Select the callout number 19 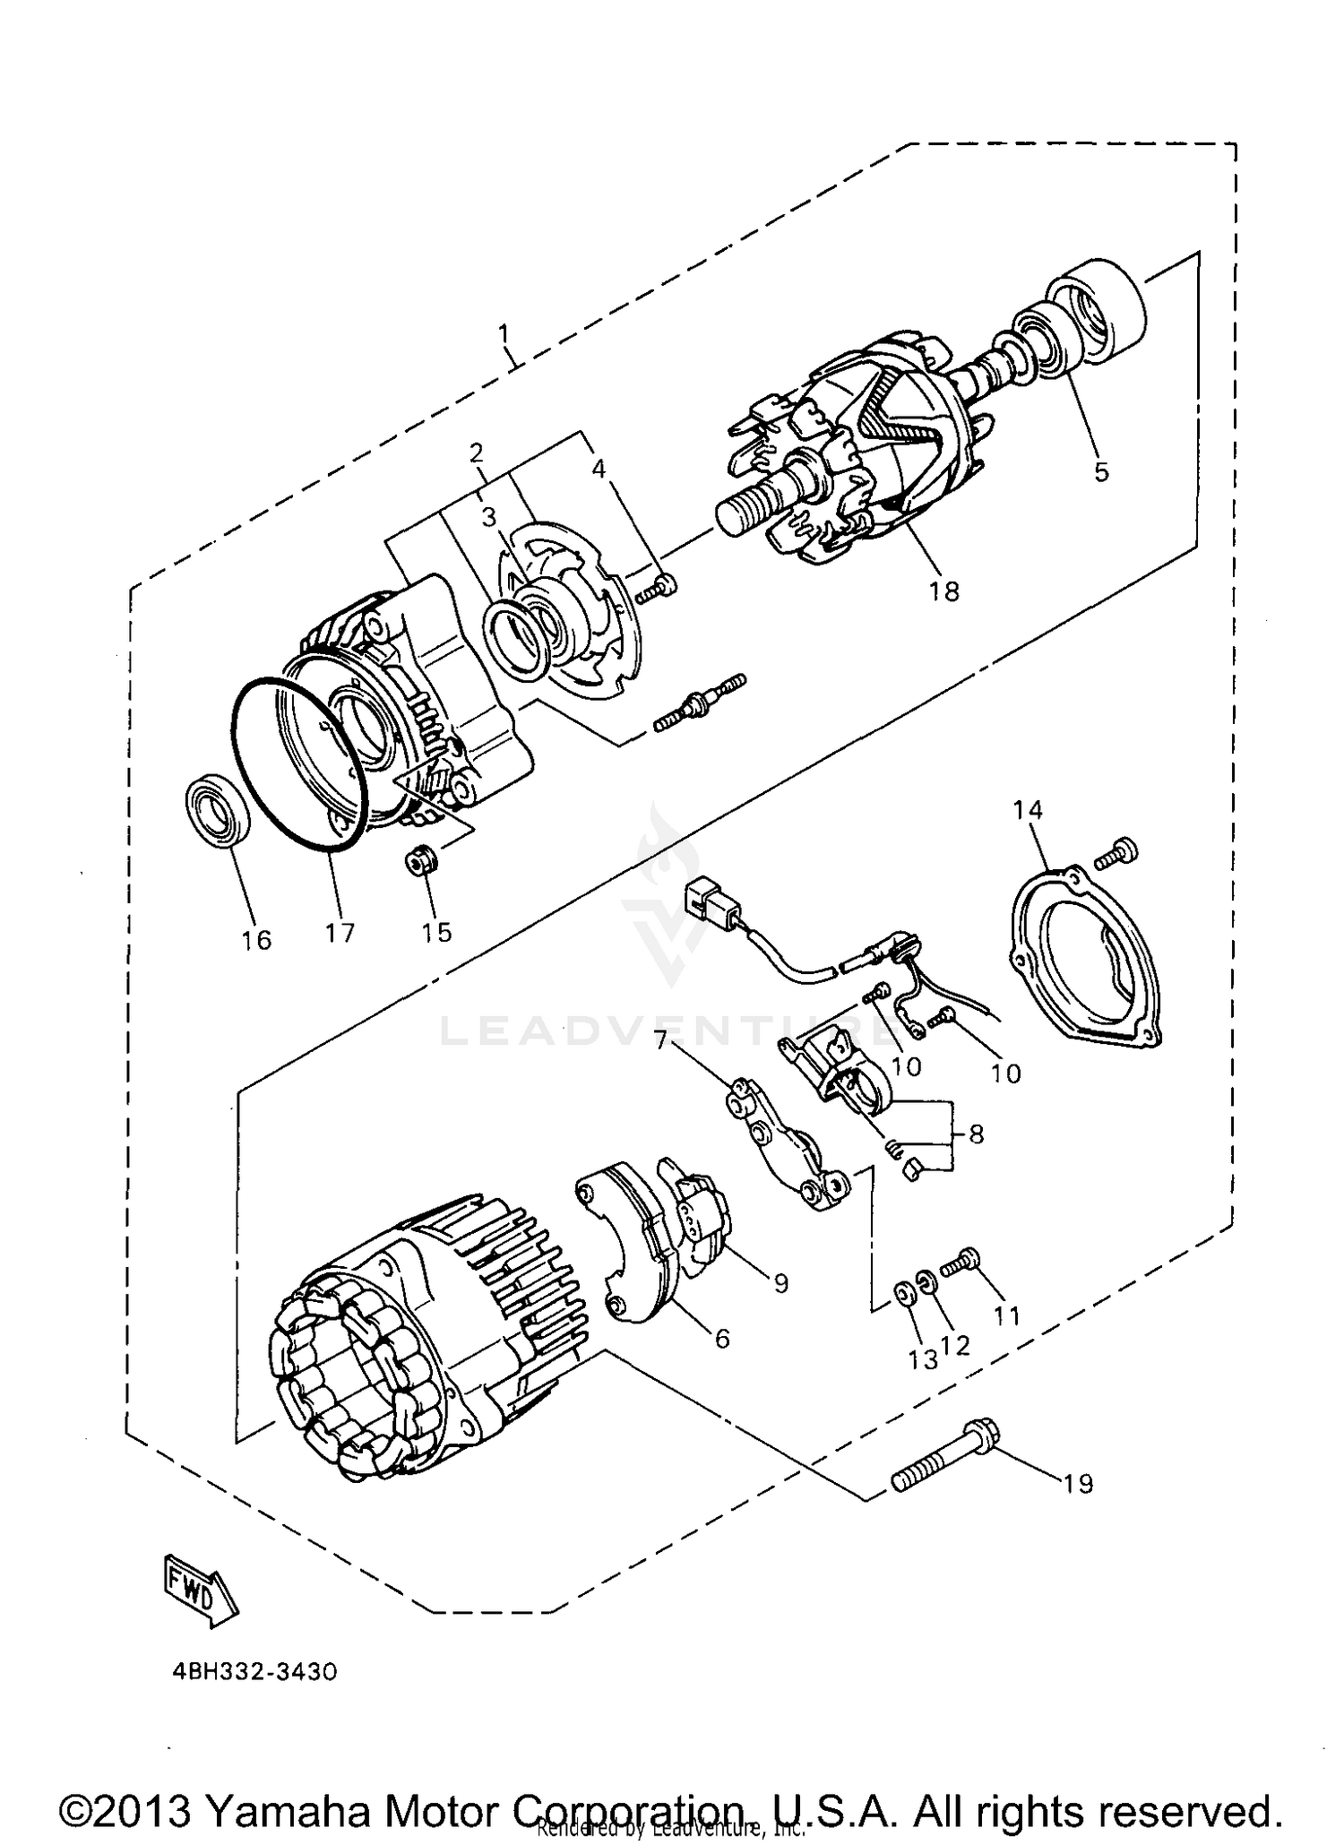[1078, 1484]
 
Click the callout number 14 [1028, 810]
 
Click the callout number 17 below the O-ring [340, 933]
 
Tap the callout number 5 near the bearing [1101, 470]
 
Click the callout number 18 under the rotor [944, 591]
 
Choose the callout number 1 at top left [504, 335]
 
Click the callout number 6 [721, 1338]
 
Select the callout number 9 [781, 1282]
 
